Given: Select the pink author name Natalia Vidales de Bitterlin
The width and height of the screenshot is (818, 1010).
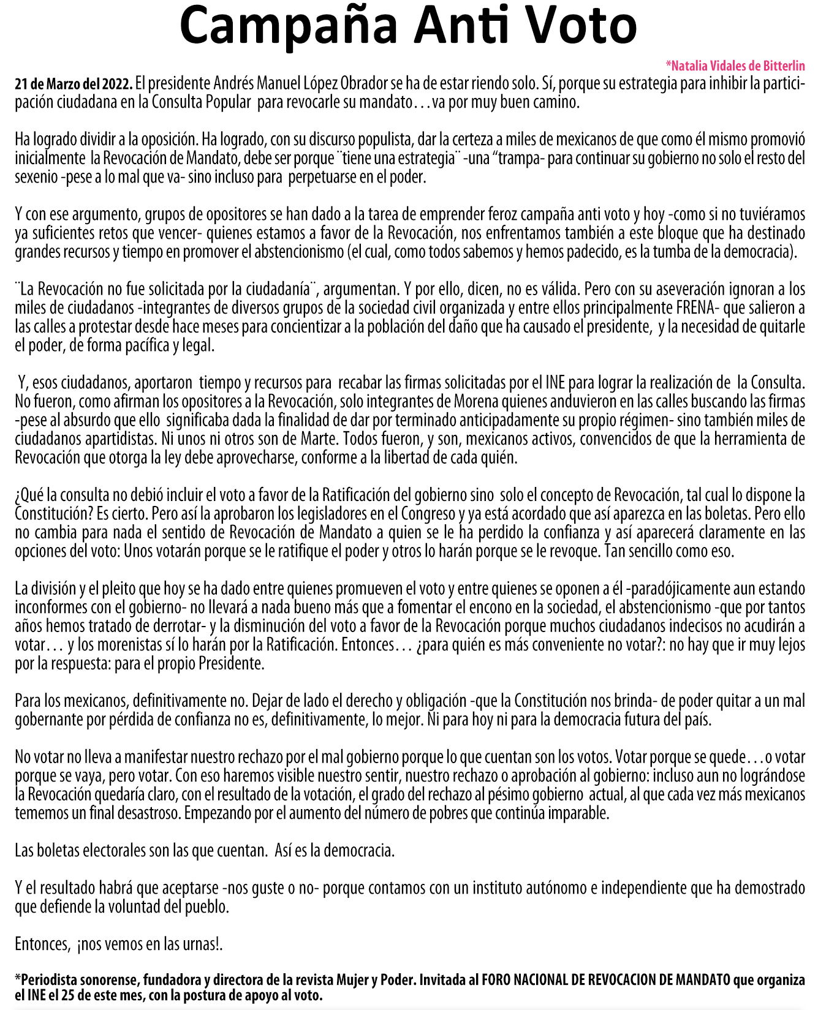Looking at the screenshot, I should [735, 66].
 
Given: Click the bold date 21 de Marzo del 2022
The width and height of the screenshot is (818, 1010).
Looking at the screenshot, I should [74, 83].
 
